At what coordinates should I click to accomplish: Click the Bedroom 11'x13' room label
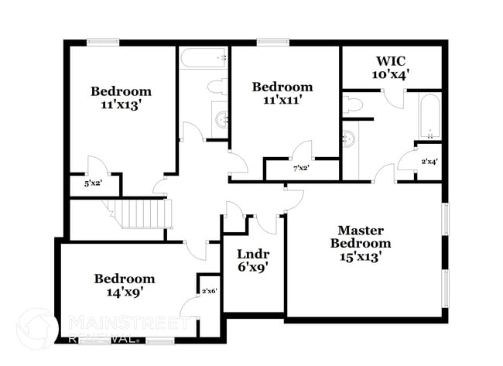click(121, 97)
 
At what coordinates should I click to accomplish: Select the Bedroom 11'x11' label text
click(282, 94)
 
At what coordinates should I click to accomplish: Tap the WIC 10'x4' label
click(392, 67)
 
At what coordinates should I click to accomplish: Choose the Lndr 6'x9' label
click(252, 261)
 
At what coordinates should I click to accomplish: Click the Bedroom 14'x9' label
click(124, 286)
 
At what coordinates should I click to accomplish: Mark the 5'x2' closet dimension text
click(93, 184)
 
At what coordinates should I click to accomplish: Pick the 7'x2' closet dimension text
click(301, 168)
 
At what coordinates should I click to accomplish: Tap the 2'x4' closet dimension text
click(429, 162)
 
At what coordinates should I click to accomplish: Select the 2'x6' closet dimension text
click(209, 291)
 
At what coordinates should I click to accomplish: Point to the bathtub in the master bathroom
click(429, 116)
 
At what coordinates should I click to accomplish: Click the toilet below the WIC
click(354, 104)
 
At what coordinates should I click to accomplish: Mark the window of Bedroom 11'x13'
click(102, 42)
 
